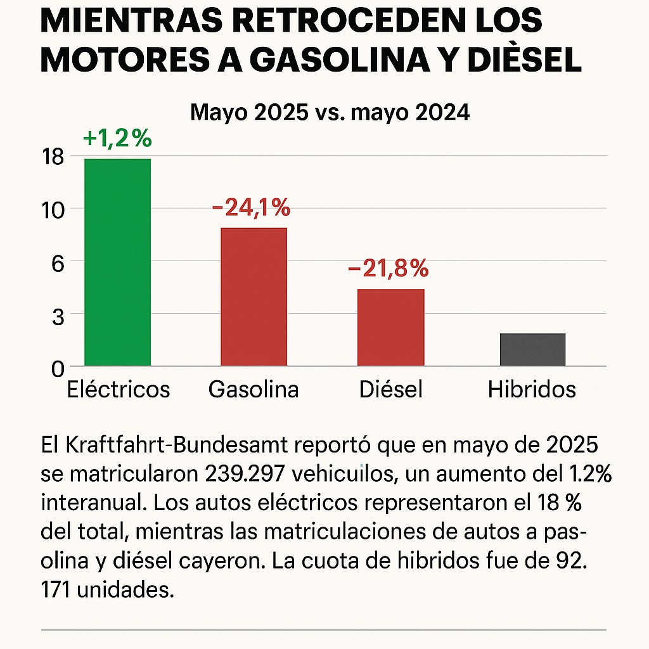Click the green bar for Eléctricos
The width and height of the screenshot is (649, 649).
(118, 262)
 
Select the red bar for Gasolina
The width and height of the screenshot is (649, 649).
(254, 297)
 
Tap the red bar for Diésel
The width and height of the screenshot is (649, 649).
(390, 327)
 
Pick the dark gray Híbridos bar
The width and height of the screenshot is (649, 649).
(532, 349)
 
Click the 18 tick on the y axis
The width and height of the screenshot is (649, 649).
(53, 157)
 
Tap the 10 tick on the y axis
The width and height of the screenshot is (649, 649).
(53, 210)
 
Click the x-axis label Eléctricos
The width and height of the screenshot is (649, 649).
(119, 389)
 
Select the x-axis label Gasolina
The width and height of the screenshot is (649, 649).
(254, 389)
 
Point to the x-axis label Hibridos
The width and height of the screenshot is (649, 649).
(532, 389)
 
